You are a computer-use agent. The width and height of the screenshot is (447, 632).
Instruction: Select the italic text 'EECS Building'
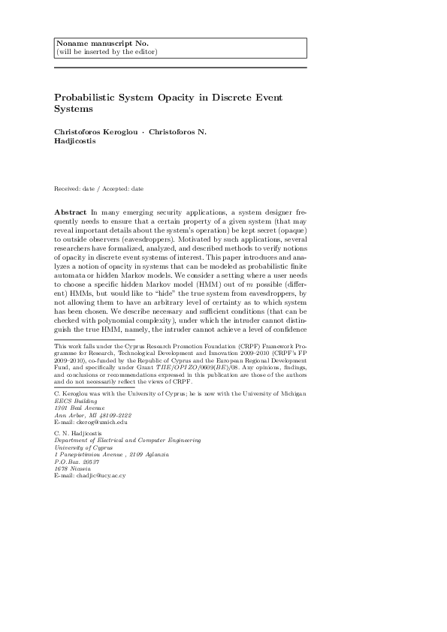coord(75,400)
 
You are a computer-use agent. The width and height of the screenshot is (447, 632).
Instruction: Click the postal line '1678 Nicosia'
coord(72,469)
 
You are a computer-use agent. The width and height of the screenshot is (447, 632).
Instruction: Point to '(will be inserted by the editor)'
coord(107,52)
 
